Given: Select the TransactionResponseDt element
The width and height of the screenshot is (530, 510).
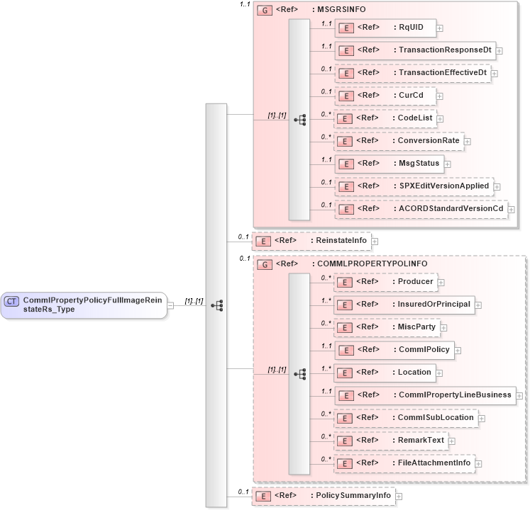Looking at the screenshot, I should [414, 50].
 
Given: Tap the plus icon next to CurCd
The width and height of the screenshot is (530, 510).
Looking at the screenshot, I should [441, 96].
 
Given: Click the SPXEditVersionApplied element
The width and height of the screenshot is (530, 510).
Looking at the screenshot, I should [414, 186].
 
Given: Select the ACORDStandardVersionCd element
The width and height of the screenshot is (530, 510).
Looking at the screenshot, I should [421, 209].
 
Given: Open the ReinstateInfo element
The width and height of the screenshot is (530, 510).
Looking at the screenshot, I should [312, 241].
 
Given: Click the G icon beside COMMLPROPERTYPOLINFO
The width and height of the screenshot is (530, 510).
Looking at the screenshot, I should [265, 264].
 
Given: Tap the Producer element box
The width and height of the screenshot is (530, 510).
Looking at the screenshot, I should [385, 281].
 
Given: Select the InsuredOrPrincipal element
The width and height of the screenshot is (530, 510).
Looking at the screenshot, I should [404, 304].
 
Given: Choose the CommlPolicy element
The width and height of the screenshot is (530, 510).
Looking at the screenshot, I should [394, 349].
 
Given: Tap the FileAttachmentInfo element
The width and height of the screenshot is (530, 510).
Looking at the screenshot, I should [405, 463].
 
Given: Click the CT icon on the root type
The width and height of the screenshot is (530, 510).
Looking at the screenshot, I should [12, 301].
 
